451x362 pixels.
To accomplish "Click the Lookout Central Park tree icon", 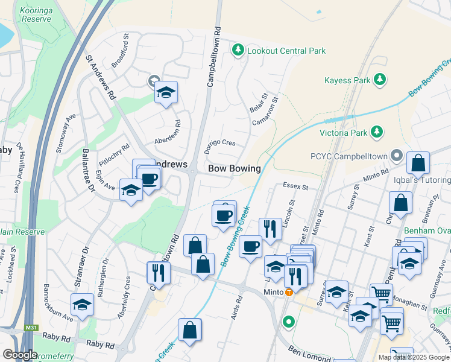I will click(239, 51).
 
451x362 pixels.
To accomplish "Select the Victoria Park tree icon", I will click(376, 132).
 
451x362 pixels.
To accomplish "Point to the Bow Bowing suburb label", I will click(235, 168).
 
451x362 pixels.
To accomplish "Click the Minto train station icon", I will click(289, 292).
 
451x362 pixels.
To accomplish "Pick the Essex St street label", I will click(295, 187).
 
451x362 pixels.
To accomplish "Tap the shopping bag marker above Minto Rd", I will click(418, 163).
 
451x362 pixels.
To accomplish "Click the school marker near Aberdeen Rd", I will click(166, 92).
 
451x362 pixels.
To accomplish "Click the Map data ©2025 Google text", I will click(413, 357).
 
